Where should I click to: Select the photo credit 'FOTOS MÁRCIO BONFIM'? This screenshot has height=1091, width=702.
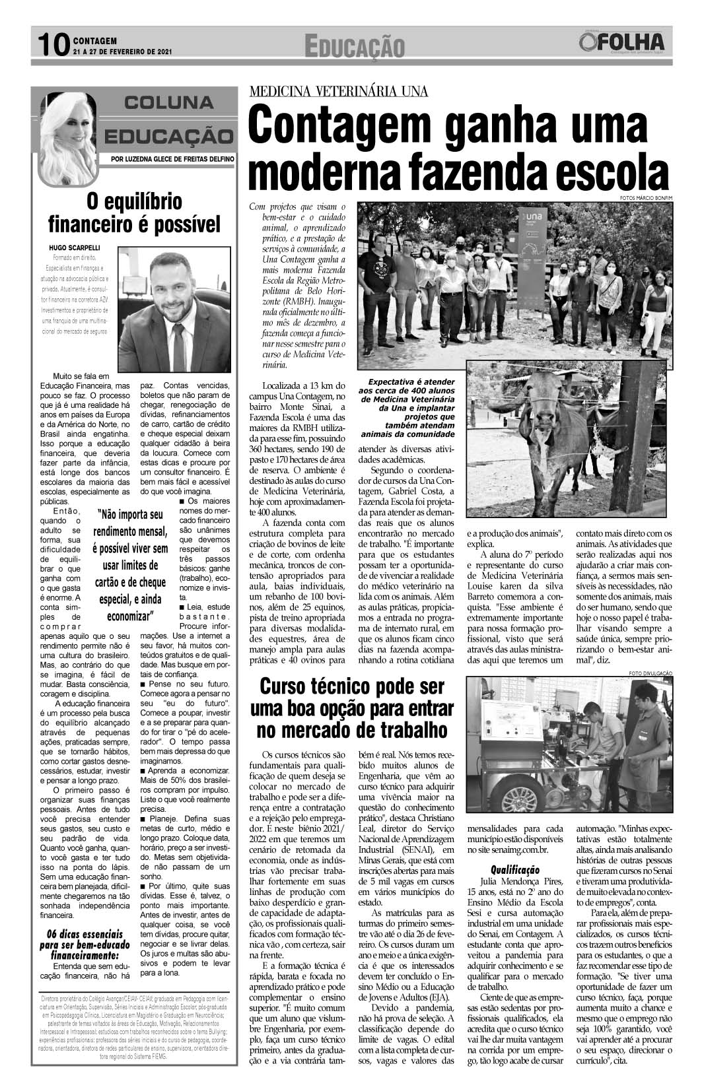point(646,198)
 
